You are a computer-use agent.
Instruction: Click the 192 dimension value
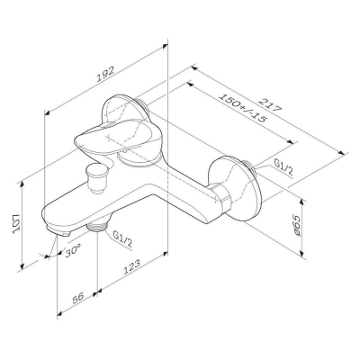(105, 74)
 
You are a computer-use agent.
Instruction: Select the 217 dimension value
(271, 104)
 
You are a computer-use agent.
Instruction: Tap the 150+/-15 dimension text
(242, 108)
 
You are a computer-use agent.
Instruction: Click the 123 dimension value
(131, 266)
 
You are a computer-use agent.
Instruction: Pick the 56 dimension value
(78, 298)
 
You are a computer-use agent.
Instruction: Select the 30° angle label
(73, 250)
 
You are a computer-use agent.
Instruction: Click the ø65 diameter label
(296, 225)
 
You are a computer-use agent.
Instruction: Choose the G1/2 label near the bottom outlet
(122, 239)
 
